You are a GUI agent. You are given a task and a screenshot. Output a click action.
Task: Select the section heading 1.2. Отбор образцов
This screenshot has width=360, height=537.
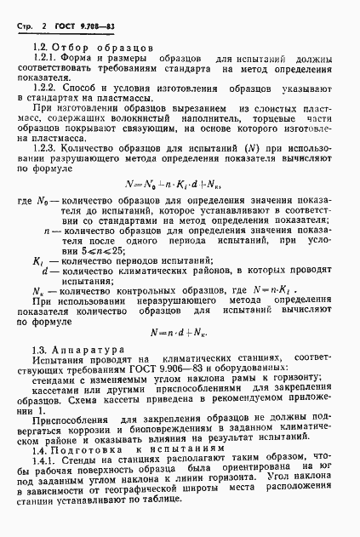[x=92, y=48]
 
